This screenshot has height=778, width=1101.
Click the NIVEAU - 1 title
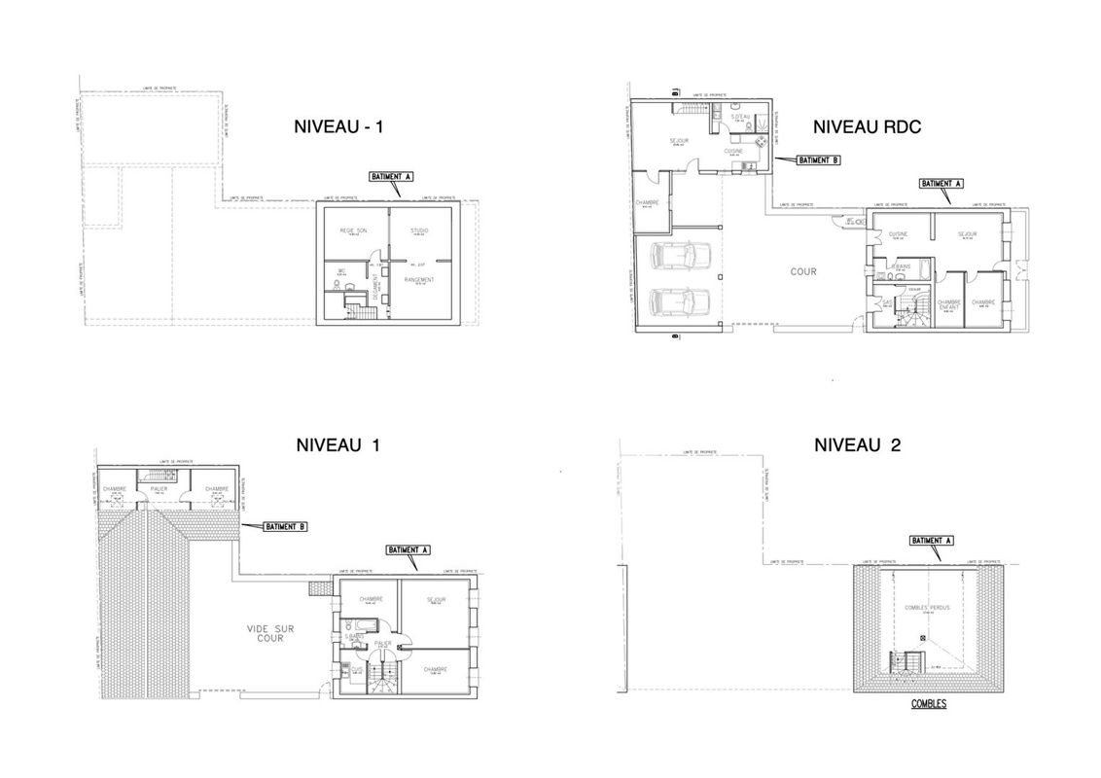click(x=337, y=126)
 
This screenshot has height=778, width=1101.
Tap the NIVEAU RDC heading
click(x=867, y=126)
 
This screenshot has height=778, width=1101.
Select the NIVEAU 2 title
click(x=857, y=445)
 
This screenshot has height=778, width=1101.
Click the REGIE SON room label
click(x=352, y=230)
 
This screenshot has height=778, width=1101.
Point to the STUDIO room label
click(x=419, y=230)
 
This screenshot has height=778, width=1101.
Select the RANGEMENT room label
click(x=419, y=280)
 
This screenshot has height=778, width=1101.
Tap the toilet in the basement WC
click(x=339, y=287)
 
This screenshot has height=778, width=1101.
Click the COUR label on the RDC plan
click(x=803, y=272)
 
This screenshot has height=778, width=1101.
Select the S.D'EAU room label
click(x=740, y=117)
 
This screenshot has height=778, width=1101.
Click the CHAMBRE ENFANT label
click(x=948, y=304)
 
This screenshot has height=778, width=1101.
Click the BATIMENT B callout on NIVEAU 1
click(x=285, y=526)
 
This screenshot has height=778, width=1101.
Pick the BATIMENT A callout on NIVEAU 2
click(x=931, y=540)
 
